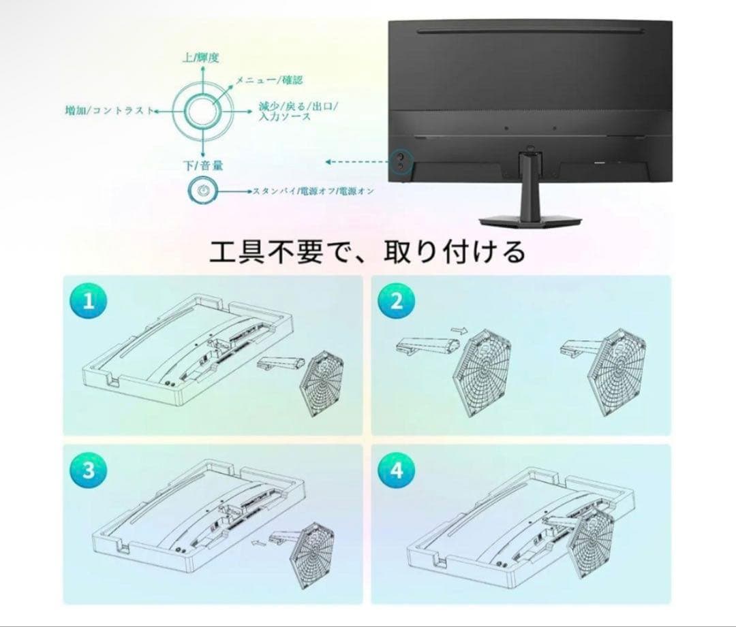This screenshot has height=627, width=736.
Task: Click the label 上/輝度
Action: tap(200, 58)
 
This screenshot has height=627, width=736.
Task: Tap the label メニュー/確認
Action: tap(269, 80)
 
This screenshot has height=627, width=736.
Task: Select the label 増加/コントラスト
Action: tap(108, 110)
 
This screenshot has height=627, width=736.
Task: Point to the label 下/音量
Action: tap(202, 165)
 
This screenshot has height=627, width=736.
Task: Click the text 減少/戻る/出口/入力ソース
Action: tap(298, 112)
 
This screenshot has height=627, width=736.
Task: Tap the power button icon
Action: tap(202, 191)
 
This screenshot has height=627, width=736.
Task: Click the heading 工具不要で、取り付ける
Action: tap(367, 252)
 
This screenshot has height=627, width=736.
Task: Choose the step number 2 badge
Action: tap(396, 302)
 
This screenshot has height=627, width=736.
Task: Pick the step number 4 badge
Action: tap(396, 472)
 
